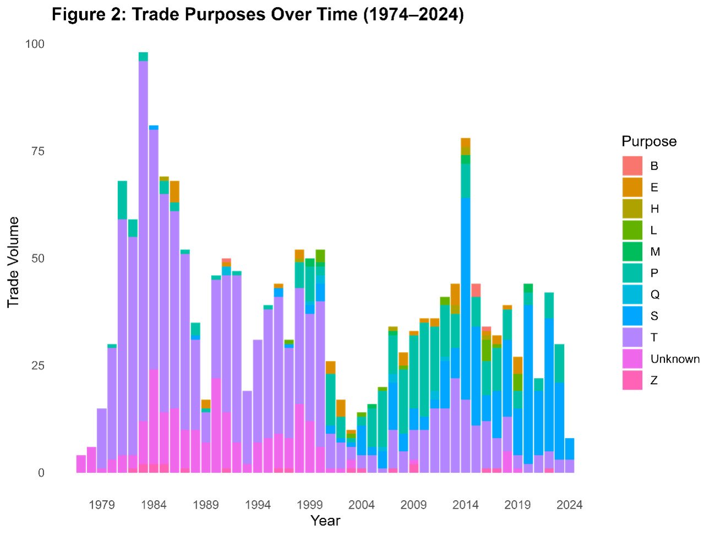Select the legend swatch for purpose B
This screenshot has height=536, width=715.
click(632, 166)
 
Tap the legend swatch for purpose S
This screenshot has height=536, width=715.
click(632, 316)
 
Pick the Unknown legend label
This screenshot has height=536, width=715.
click(675, 359)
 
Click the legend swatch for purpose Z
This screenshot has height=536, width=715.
click(632, 380)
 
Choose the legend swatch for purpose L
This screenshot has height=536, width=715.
click(632, 230)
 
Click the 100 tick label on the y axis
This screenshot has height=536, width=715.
click(35, 44)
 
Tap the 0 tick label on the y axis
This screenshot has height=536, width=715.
click(41, 473)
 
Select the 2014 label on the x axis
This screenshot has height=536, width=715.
click(465, 505)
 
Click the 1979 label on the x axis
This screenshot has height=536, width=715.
click(102, 505)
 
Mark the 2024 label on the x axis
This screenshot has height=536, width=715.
click(569, 505)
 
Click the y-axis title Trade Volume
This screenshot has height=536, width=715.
click(13, 262)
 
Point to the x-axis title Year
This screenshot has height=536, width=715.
click(325, 521)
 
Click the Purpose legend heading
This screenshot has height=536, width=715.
click(649, 141)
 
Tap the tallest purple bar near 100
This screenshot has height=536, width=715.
click(143, 220)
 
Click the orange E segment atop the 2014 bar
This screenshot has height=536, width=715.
click(466, 143)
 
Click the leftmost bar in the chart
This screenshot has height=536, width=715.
click(81, 464)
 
